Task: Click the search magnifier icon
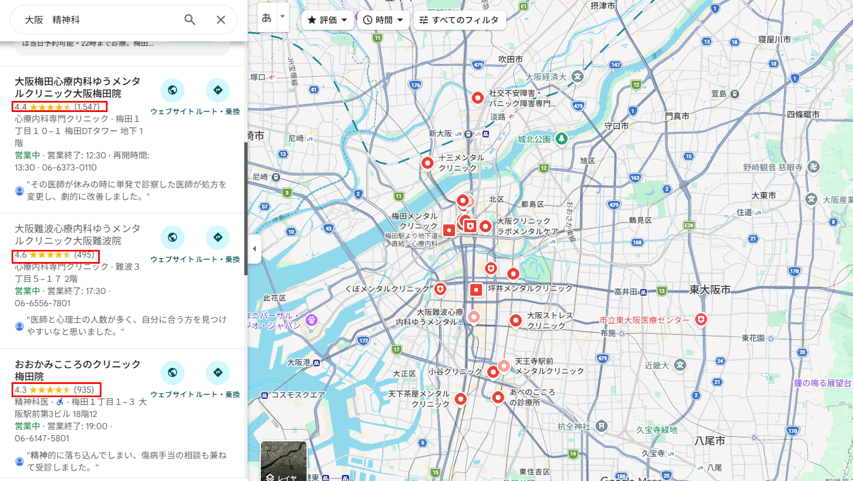tap(190, 20)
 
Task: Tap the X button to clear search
tap(221, 20)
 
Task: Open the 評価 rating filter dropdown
tap(328, 20)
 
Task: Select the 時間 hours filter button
tap(383, 20)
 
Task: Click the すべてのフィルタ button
tap(459, 20)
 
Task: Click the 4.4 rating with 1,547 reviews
tap(59, 106)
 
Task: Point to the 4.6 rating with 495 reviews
tap(55, 255)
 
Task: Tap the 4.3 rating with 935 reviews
tap(56, 389)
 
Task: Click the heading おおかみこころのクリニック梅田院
tap(78, 370)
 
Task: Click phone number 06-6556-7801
tap(42, 303)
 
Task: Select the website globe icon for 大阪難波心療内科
tap(173, 237)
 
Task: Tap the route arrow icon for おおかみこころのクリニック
tap(218, 372)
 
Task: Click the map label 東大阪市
tap(710, 290)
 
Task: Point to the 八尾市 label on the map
tap(710, 441)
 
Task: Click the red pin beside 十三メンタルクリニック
tap(427, 163)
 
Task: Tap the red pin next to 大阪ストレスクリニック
tap(516, 320)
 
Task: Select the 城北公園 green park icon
tap(561, 138)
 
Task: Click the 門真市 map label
tap(677, 116)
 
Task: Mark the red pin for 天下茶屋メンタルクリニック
tap(460, 398)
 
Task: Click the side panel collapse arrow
tap(254, 249)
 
